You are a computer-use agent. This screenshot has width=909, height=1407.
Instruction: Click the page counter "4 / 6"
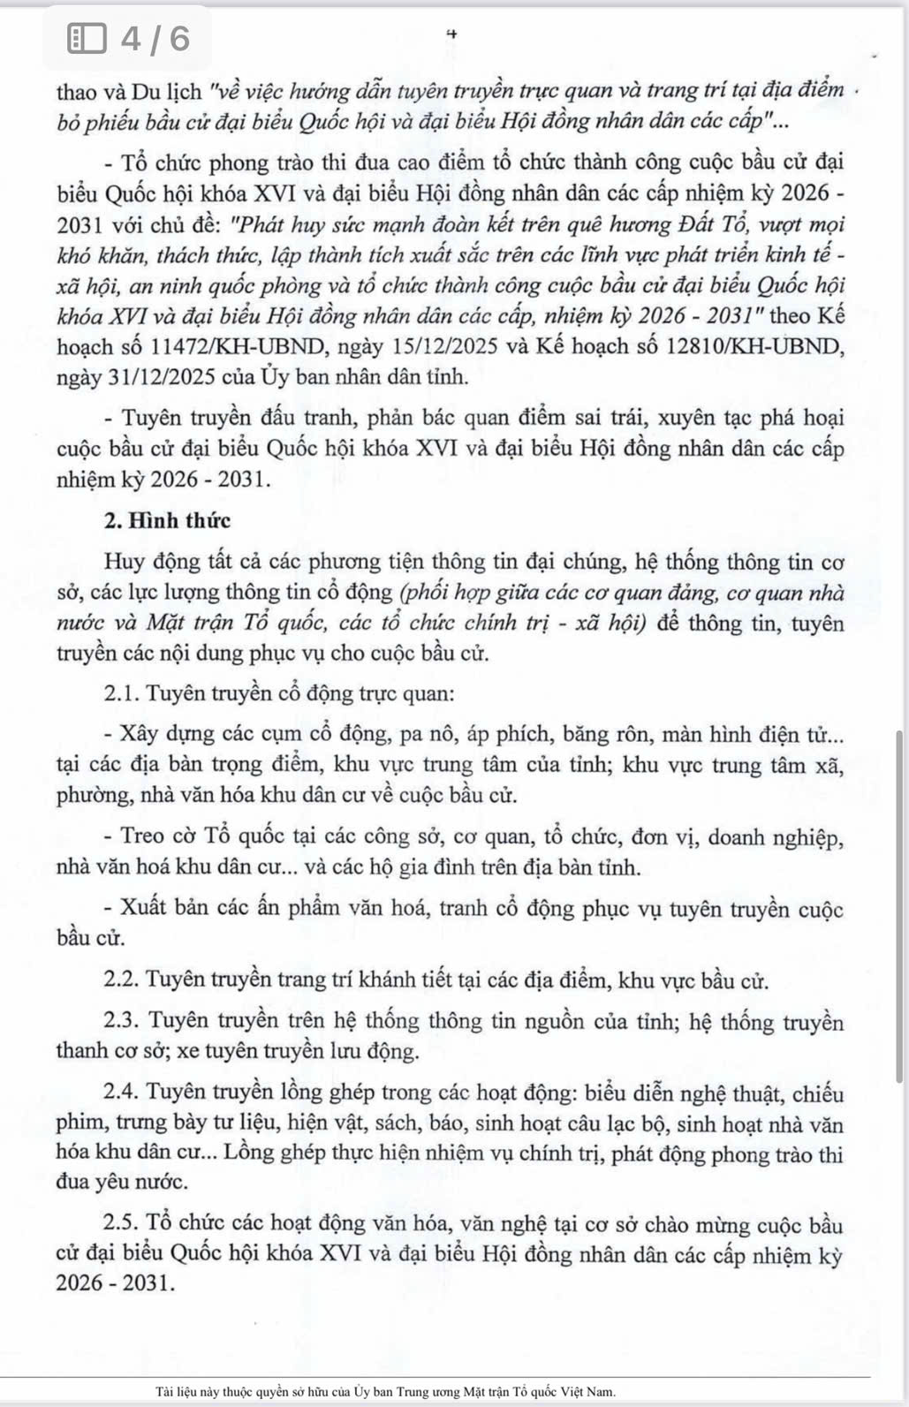click(155, 38)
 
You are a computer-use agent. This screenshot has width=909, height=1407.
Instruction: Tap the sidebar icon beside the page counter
click(87, 38)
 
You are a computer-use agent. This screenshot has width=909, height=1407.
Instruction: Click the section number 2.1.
click(121, 693)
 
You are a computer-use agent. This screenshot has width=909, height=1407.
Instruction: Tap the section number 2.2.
click(121, 980)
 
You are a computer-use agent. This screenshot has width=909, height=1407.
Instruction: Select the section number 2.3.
click(122, 1021)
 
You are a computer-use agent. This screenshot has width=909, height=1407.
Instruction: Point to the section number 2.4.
click(122, 1093)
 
